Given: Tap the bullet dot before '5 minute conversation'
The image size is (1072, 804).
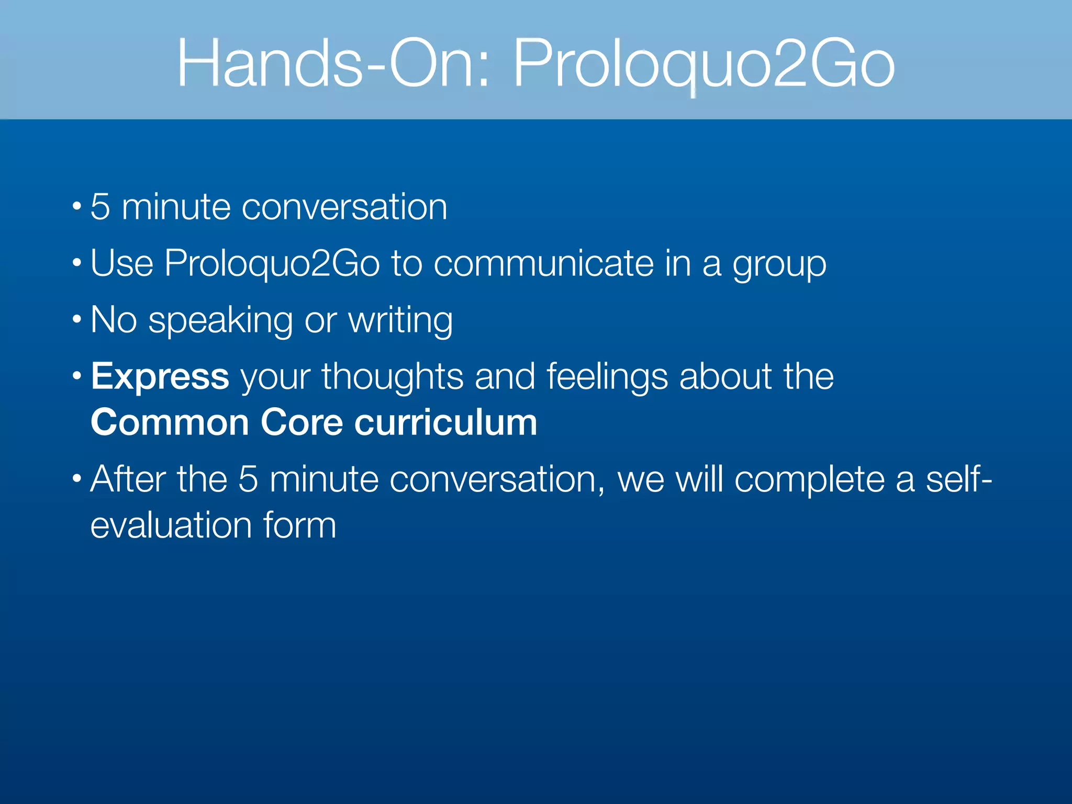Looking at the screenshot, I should pos(77,206).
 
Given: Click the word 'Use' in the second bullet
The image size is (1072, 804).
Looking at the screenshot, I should pos(122,263).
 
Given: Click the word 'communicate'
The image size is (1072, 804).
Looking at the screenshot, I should pos(543,263).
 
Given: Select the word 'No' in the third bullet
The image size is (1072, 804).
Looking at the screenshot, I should pos(114,320).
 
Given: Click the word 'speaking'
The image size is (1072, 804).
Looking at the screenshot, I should pos(220,321).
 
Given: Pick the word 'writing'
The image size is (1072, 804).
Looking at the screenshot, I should pos(400,321).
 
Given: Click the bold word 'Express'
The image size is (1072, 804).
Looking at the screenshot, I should pos(160,376).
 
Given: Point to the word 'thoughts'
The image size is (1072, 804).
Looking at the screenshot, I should pos(393,377).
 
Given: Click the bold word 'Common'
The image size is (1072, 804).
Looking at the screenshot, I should pos(170,422).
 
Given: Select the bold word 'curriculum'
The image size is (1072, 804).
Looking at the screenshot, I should pos(446,422).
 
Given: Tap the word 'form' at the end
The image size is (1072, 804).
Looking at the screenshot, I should pos(299,525).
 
